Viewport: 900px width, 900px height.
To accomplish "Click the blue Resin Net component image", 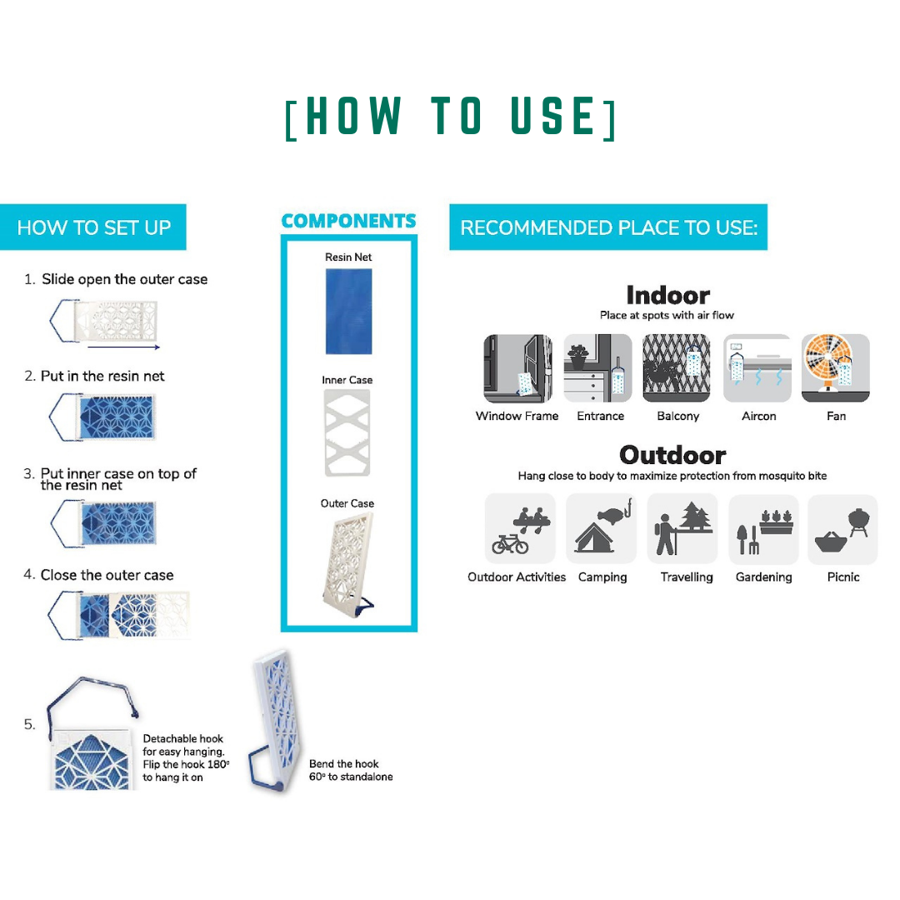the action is coord(348,311).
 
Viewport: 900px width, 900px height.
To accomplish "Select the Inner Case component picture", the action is coord(347,432).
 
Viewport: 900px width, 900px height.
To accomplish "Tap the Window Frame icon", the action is coord(517,368).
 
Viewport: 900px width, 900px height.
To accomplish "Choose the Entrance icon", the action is coord(597,368).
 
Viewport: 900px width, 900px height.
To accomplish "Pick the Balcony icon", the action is coord(677,368).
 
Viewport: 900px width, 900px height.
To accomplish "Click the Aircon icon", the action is coord(757,368).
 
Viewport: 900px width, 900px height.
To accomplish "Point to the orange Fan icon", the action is coord(836,368).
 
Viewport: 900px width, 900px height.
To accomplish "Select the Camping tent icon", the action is coord(601,528).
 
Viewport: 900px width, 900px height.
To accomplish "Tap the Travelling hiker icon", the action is coord(682,528).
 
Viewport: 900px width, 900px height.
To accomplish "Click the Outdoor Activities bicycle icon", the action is coord(520,528).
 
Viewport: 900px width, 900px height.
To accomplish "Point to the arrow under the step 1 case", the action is coord(123,347).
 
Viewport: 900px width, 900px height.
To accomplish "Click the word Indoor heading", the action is coord(668,295).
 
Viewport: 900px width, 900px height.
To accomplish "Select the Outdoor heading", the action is coord(672,455).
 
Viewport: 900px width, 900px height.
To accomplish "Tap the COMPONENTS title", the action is coord(348,221).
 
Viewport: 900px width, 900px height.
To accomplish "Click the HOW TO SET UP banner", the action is coord(93,227).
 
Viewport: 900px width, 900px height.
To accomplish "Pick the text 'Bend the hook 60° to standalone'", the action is coord(351,770).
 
